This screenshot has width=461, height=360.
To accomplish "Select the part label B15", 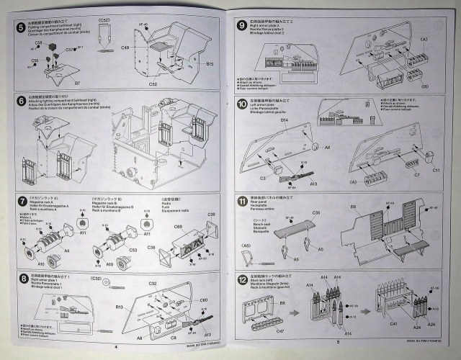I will (210, 65).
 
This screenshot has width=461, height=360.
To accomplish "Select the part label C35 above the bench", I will (295, 214).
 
